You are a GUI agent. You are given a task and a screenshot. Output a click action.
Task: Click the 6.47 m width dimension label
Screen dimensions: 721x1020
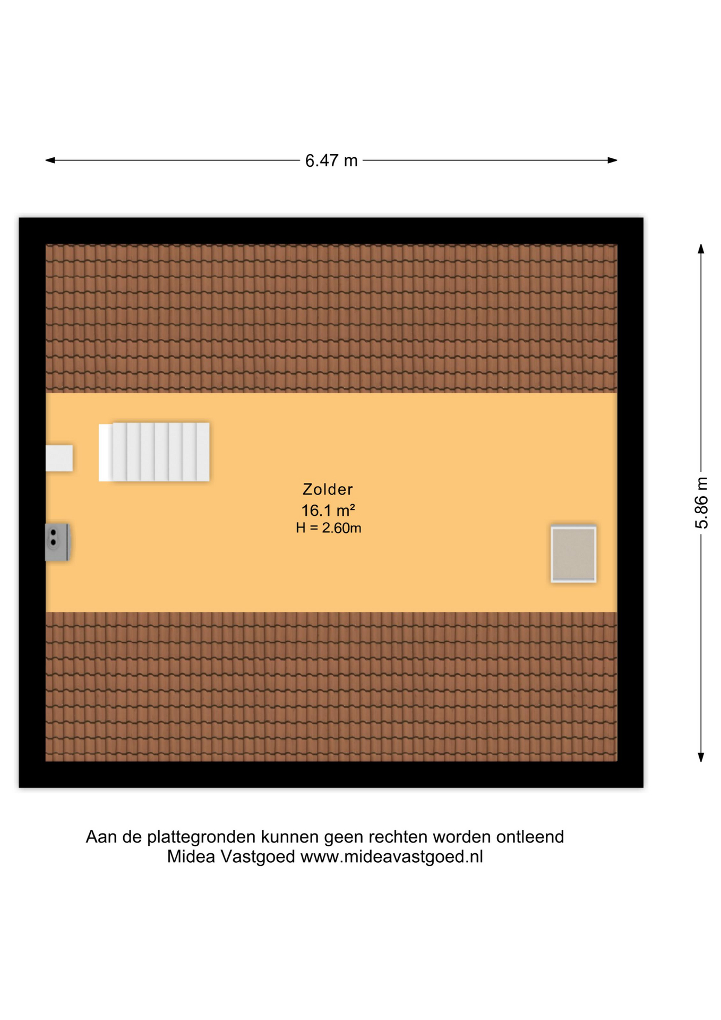point(331,160)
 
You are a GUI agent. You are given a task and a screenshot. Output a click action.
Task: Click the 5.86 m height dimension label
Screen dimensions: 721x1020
point(701,503)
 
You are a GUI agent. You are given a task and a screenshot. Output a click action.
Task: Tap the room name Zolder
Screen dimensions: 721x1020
point(328,489)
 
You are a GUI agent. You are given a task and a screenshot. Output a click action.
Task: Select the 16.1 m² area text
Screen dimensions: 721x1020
point(328,510)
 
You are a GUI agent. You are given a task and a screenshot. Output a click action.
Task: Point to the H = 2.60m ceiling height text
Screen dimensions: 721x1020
point(329,528)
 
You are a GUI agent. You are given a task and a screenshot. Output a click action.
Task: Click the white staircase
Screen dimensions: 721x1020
point(154,452)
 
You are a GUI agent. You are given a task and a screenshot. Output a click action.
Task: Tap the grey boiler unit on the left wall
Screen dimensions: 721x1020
point(57,542)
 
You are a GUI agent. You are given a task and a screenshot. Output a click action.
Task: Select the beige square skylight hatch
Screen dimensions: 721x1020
point(573,554)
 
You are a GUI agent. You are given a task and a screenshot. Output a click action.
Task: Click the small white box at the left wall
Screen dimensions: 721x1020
point(59,458)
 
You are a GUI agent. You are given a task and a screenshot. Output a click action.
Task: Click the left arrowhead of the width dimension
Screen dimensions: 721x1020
point(50,160)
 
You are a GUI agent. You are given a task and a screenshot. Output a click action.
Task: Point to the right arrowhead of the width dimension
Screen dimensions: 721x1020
point(612,160)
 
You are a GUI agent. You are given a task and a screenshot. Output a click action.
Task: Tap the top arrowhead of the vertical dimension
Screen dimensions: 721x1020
point(701,249)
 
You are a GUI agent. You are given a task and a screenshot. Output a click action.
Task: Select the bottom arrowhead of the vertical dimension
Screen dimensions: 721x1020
point(701,757)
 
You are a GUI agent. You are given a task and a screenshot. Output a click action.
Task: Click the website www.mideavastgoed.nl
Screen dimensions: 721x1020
point(392,856)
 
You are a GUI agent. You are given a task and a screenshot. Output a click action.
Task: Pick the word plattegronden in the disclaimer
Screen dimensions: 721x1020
point(201,837)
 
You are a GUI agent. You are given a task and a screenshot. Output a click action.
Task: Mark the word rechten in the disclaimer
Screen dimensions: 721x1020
point(398,837)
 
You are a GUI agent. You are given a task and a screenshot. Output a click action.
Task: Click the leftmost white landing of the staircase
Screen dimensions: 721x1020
point(106,453)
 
